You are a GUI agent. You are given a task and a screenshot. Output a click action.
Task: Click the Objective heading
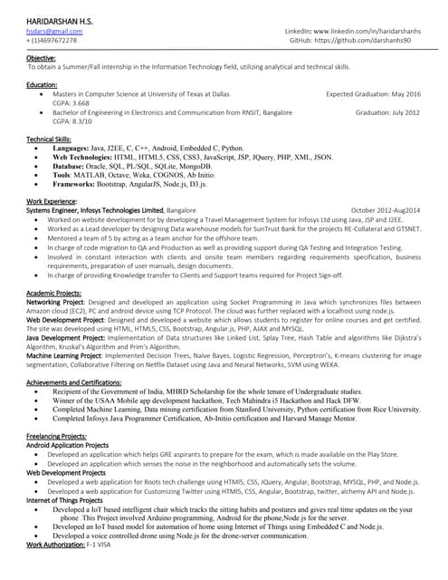point(42,58)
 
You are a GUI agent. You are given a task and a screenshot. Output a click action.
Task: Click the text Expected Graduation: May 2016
point(373,93)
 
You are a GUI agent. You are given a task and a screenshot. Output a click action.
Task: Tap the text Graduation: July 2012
point(387,112)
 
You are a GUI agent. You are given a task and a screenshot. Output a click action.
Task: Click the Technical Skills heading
point(49,139)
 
